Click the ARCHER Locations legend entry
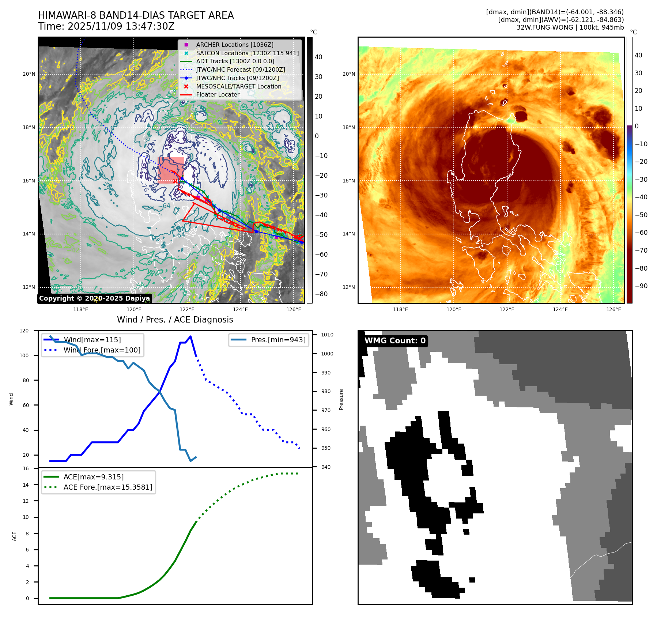pos(234,45)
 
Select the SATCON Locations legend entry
pos(247,53)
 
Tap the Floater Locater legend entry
pos(218,94)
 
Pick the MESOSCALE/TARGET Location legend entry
pos(238,86)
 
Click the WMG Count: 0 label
pos(395,341)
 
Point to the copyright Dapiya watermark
pos(94,298)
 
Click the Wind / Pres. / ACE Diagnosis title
pos(175,320)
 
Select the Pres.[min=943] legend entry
pos(278,340)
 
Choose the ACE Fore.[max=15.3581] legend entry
pos(107,487)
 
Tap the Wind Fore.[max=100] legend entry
pos(102,350)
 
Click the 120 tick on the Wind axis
pos(24,331)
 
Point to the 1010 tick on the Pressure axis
pos(327,335)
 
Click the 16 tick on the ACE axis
pos(26,468)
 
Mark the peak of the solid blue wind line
pos(190,336)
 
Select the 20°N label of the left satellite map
pos(29,74)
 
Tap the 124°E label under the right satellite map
pos(560,309)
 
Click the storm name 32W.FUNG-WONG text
pos(545,27)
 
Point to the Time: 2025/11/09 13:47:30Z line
pos(106,27)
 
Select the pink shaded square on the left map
pos(171,170)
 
